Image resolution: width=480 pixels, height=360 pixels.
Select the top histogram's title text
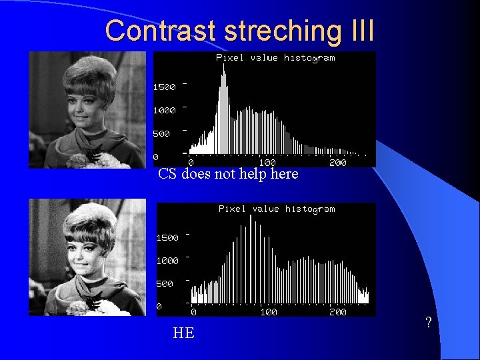click(275, 57)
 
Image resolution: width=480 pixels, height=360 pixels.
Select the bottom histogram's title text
click(277, 209)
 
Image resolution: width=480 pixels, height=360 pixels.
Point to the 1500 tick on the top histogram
click(165, 87)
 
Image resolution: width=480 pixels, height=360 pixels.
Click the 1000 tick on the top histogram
click(165, 110)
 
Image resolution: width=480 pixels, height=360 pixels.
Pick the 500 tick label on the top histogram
click(162, 133)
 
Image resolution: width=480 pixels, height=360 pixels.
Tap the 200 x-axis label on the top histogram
click(338, 162)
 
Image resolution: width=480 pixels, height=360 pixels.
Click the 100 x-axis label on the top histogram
click(267, 162)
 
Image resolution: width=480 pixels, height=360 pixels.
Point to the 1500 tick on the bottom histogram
click(167, 237)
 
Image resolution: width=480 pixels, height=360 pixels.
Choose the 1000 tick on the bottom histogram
click(167, 261)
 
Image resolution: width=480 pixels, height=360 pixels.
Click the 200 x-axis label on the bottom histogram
click(338, 312)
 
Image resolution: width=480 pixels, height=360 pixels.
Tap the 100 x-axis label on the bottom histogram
click(269, 312)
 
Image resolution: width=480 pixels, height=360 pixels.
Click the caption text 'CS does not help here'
click(228, 175)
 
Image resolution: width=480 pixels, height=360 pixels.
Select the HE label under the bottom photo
click(183, 333)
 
